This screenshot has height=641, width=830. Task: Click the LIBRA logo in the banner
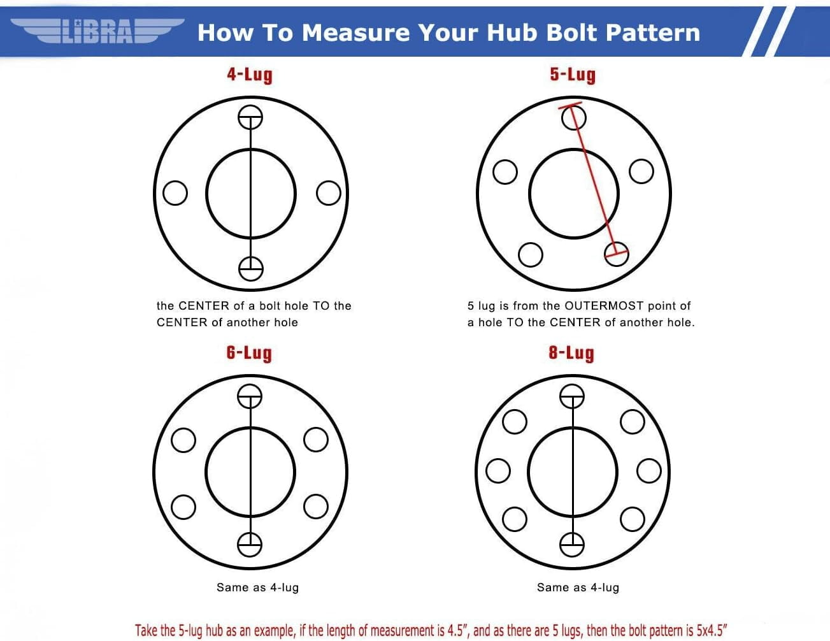97,31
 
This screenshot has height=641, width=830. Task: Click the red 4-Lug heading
250,75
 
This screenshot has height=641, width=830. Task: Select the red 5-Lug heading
573,75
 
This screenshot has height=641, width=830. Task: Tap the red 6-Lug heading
249,353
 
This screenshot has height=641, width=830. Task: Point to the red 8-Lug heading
571,353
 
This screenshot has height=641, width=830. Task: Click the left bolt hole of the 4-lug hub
175,193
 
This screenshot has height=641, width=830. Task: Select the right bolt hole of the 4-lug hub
329,193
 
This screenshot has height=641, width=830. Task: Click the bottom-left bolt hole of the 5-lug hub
531,254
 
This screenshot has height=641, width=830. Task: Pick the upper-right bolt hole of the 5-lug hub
641,171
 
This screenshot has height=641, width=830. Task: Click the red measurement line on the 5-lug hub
593,181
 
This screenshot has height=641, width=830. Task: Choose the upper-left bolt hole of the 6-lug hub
183,440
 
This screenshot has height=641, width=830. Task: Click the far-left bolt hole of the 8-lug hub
498,471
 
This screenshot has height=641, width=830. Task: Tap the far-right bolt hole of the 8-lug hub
649,471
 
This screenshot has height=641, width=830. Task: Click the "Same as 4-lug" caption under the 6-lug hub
257,587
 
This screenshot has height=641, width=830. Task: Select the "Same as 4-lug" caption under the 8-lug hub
578,587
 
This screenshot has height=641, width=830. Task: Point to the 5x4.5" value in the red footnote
710,630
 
